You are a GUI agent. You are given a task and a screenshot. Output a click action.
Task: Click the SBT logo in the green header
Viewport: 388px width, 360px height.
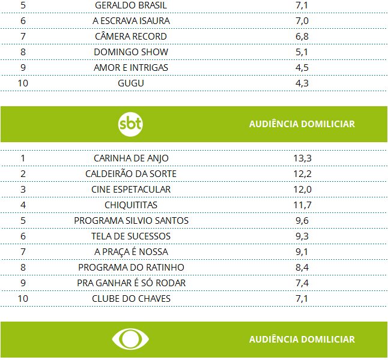click(x=131, y=124)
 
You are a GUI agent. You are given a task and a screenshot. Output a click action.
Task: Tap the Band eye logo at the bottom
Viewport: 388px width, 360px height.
click(x=131, y=339)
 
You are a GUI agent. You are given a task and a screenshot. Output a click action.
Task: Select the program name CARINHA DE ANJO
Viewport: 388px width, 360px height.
click(x=131, y=158)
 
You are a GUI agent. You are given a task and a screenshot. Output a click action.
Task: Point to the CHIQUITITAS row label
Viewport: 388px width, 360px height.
click(x=131, y=205)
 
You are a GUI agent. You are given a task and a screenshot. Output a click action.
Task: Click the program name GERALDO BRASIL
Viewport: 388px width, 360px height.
click(x=131, y=5)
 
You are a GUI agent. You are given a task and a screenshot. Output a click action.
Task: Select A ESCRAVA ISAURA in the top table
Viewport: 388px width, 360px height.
click(x=131, y=21)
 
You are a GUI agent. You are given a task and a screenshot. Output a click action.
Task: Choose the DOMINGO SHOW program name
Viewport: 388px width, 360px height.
click(x=131, y=52)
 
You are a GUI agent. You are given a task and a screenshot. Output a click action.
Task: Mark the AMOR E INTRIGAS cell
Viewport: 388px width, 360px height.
click(x=131, y=68)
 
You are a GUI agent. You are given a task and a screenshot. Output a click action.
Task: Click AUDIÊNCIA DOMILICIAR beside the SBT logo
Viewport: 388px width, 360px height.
click(x=302, y=124)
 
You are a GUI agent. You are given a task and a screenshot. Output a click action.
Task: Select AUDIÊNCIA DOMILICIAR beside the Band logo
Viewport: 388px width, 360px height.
click(x=302, y=339)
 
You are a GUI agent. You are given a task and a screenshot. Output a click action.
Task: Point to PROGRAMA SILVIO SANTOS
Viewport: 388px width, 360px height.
click(x=131, y=221)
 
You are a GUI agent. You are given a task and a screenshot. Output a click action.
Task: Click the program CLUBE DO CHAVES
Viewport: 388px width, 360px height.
click(x=131, y=299)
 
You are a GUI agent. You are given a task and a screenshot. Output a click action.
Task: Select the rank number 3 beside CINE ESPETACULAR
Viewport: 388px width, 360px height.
click(x=23, y=190)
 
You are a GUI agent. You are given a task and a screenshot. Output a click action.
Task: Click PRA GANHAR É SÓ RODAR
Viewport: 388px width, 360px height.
click(x=131, y=283)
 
